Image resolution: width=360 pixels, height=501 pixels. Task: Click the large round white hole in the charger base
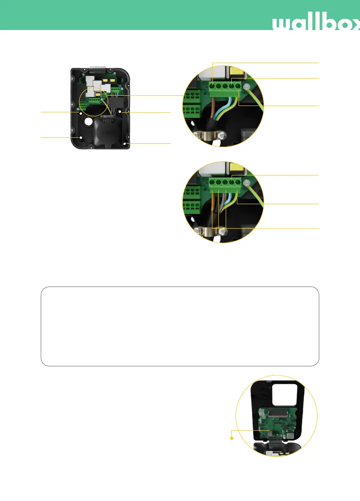point(88,122)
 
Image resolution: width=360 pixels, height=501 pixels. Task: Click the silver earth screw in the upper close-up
point(247,88)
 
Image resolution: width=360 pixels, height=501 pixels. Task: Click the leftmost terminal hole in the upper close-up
point(213,87)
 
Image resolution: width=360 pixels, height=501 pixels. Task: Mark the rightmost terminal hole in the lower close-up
point(238,182)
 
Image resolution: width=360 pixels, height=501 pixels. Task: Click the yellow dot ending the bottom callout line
point(232,438)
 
